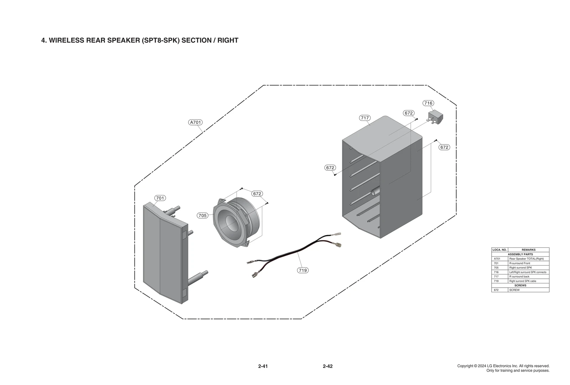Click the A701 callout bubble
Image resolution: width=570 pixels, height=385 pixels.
[195, 122]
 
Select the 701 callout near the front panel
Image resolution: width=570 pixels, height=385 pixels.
[160, 198]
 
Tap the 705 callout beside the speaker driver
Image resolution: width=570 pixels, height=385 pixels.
[202, 215]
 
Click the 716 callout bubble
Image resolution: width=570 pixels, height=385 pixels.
[428, 103]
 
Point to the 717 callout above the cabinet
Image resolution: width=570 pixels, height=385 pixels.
[365, 118]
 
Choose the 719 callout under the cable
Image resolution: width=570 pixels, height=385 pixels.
[302, 270]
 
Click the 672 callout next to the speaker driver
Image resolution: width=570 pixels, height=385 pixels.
[257, 194]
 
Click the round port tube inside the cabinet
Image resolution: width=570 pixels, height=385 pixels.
[374, 192]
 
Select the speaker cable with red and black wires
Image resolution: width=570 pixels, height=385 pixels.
[296, 251]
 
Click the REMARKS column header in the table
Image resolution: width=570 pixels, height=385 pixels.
[528, 250]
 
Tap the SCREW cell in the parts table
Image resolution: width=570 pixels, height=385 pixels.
[514, 290]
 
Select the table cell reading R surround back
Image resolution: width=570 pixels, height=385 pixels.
[519, 277]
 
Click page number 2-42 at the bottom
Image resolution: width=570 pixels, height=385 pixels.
[327, 366]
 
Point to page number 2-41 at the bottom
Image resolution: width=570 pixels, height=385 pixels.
[263, 366]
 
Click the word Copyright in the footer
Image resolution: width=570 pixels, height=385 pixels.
[465, 366]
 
